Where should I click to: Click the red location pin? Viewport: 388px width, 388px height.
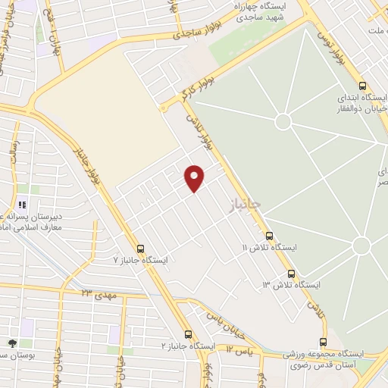(195, 177)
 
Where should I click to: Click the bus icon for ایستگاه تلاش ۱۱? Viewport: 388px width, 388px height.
(269, 236)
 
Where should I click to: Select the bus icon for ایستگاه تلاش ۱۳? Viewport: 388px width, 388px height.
(292, 274)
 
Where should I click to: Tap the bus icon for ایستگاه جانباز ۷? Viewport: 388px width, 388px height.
(140, 248)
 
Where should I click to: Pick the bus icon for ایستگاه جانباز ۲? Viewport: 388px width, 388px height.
(188, 334)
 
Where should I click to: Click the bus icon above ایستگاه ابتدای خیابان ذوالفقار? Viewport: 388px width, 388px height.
(363, 86)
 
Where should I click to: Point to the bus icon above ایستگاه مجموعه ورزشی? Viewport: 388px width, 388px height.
(324, 342)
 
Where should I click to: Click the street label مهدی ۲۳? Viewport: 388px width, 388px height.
(95, 293)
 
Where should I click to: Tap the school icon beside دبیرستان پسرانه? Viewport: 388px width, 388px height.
(21, 205)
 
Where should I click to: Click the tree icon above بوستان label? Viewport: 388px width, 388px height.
(11, 344)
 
